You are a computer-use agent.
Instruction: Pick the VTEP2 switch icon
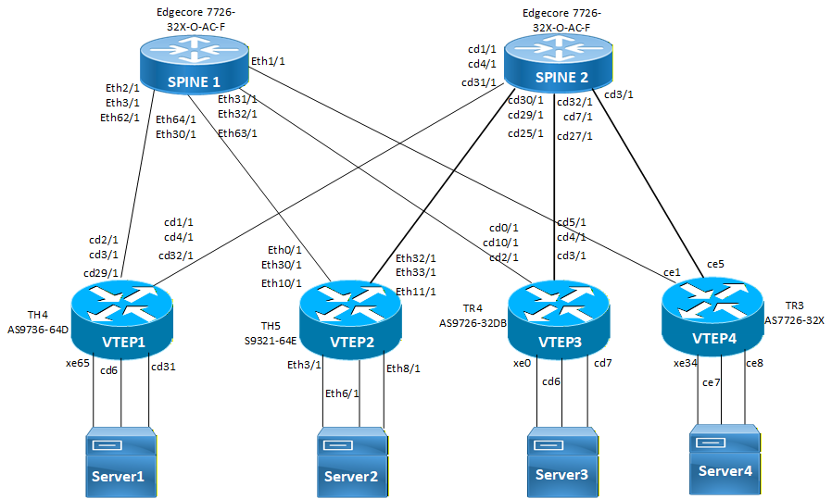point(353,318)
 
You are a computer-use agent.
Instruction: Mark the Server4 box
point(725,457)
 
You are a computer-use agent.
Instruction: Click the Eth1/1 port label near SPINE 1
point(268,60)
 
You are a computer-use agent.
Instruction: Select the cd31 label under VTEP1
point(164,368)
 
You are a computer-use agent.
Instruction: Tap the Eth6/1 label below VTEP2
point(342,393)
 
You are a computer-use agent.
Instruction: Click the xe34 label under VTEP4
point(686,363)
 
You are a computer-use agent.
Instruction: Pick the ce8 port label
point(754,363)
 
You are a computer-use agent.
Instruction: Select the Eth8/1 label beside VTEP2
point(403,368)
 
